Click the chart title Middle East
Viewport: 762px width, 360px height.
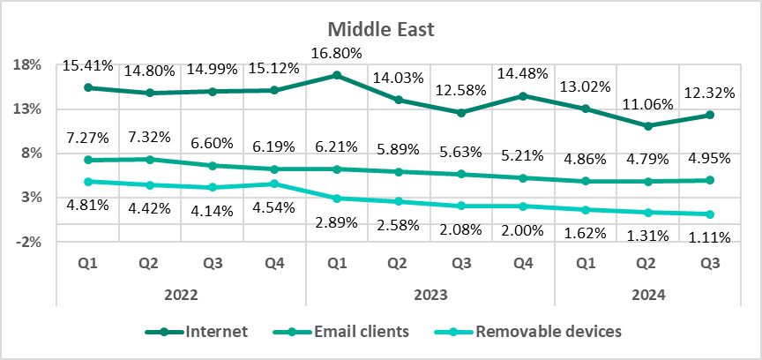pos(381,29)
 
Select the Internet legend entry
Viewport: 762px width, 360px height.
pos(215,332)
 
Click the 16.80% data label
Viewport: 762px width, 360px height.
pos(335,54)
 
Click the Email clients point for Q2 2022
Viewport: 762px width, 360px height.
pos(149,160)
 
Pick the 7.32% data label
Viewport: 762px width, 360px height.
pos(149,138)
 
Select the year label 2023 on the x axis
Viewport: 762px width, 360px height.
pos(430,295)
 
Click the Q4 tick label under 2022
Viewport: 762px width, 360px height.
pos(273,263)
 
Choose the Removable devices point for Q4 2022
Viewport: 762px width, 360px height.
pos(273,184)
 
